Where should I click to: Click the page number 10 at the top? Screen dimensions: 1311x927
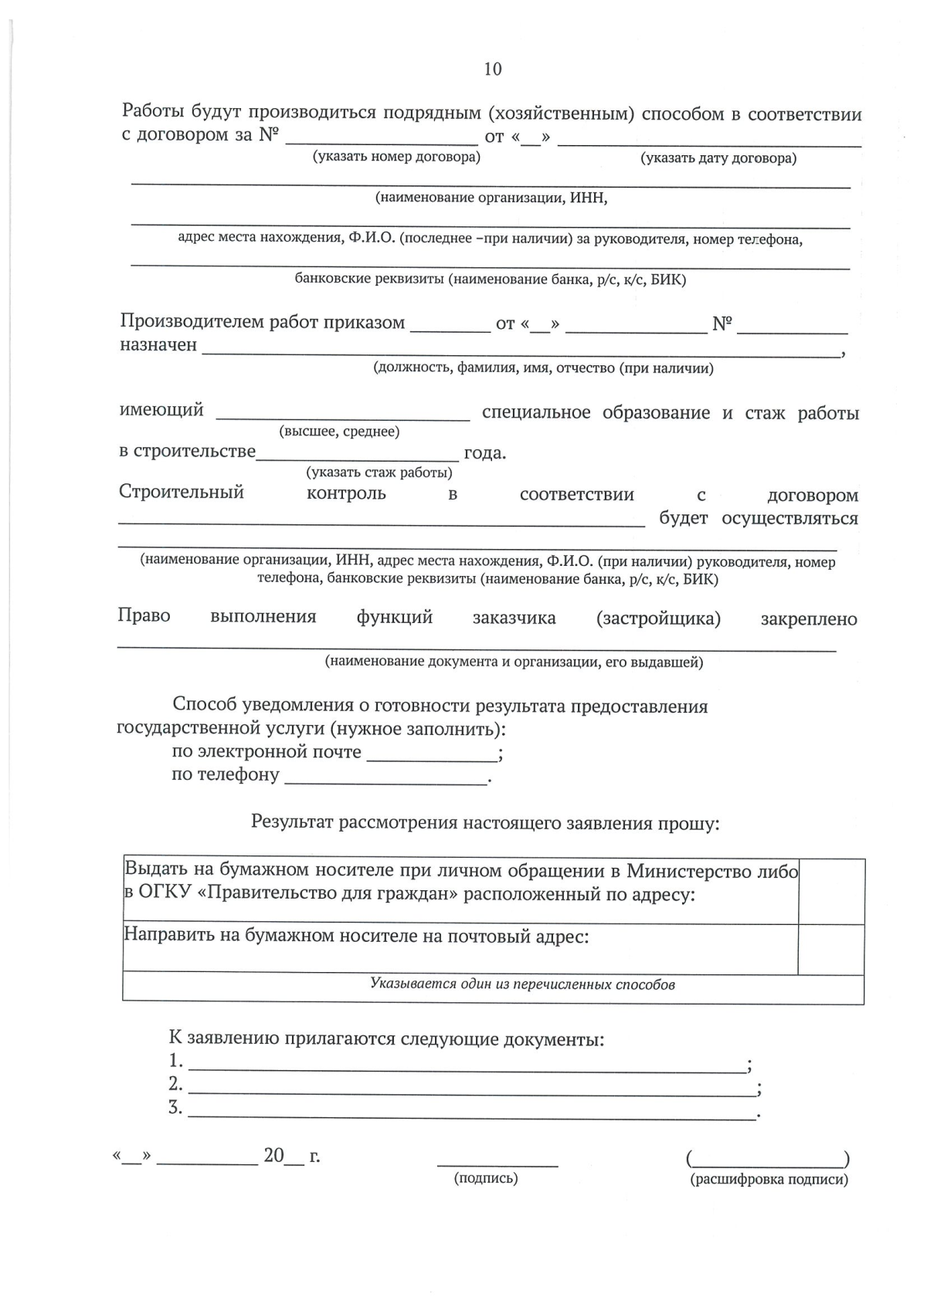[x=492, y=69]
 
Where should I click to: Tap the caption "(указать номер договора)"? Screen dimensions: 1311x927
[x=396, y=158]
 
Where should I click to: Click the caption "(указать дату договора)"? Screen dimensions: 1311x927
[x=718, y=158]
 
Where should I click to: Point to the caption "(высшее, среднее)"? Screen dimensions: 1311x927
[x=339, y=432]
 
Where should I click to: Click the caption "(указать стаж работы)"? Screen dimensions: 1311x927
[x=379, y=473]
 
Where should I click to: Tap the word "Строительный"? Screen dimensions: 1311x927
[x=182, y=493]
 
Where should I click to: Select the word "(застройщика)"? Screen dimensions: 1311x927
[x=658, y=618]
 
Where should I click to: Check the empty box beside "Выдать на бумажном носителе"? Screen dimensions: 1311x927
[x=831, y=891]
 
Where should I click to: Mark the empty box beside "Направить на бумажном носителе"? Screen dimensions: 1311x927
[x=831, y=949]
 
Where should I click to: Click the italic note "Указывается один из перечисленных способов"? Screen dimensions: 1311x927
[x=522, y=984]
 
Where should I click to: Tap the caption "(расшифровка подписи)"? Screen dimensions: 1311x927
[x=769, y=1180]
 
